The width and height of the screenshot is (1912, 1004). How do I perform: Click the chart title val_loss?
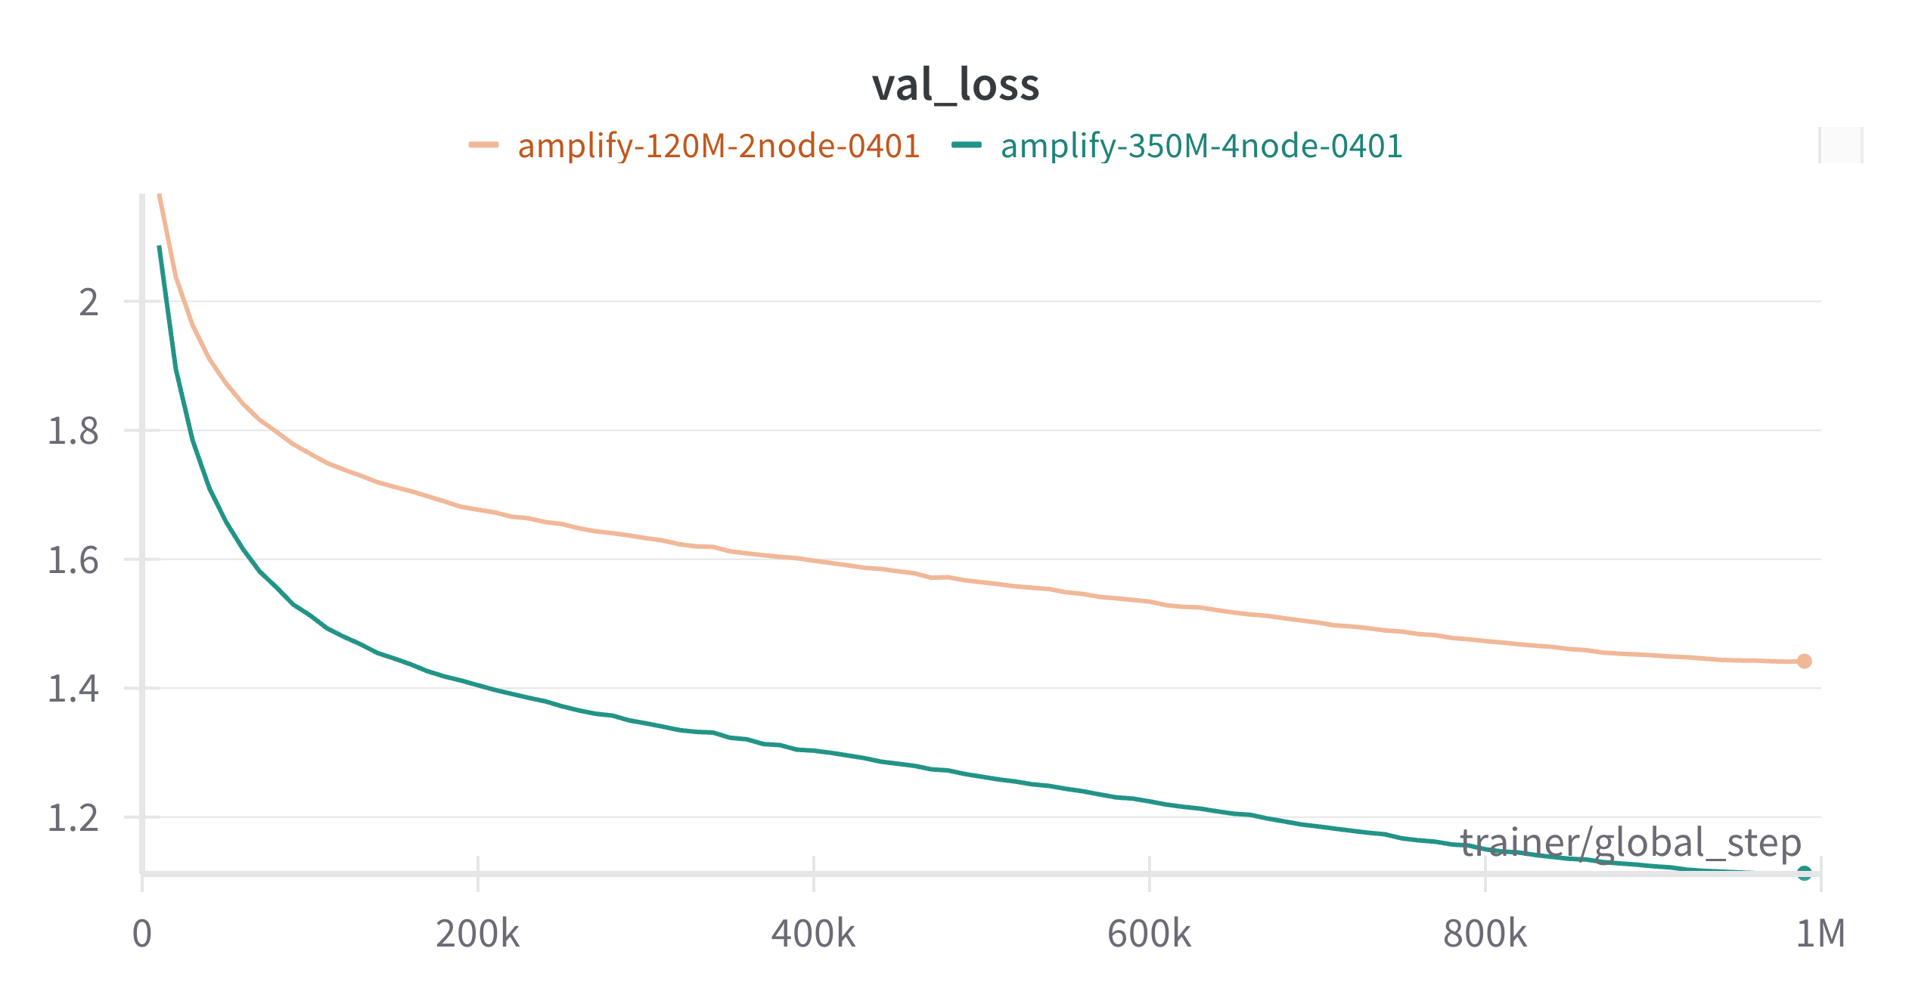tap(955, 85)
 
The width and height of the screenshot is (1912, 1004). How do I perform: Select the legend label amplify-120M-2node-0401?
tap(719, 146)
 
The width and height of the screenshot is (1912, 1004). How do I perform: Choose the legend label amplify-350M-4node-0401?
tap(1201, 146)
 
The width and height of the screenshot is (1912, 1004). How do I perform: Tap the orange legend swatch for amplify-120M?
tap(483, 145)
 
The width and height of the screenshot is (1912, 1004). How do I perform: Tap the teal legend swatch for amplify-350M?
tap(967, 145)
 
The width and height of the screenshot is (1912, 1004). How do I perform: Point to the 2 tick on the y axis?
tap(89, 302)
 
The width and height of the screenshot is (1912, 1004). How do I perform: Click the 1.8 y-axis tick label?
tap(73, 431)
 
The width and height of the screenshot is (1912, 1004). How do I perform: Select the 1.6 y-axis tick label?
tap(73, 560)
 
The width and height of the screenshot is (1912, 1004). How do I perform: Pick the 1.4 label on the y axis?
tap(73, 689)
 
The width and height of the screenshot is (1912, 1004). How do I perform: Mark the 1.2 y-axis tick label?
tap(73, 818)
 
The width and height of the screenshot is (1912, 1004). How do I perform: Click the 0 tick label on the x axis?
tap(142, 934)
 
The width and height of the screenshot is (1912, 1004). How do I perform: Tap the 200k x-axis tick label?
tap(477, 934)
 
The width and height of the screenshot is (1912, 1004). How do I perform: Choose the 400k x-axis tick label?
tap(813, 934)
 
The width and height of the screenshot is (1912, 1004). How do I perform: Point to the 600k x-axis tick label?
tap(1149, 934)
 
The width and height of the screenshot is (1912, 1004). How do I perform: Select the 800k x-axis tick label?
tap(1485, 934)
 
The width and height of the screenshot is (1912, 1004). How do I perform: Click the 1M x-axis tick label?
tap(1820, 934)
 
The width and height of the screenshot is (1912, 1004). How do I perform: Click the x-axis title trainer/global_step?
tap(1631, 843)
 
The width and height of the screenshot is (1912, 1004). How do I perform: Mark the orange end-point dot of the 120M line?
tap(1805, 662)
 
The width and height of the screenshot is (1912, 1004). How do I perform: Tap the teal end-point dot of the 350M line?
tap(1805, 873)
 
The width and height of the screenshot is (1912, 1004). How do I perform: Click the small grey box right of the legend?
tap(1840, 145)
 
